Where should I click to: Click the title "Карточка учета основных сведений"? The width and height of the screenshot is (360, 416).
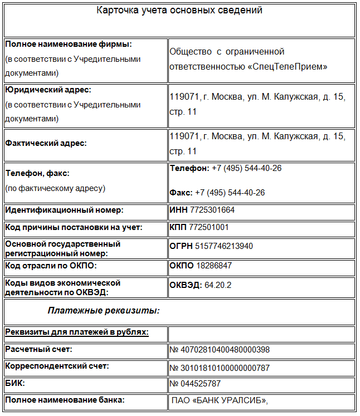[x=179, y=11]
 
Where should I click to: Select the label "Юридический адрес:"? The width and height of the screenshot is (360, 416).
[x=48, y=90]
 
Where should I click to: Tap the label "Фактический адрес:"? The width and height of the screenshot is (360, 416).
[x=46, y=143]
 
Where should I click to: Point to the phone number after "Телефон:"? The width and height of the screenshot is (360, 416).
[x=246, y=168]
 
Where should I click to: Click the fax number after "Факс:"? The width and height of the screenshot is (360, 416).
[x=230, y=193]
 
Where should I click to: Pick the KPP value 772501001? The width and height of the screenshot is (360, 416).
[x=209, y=227]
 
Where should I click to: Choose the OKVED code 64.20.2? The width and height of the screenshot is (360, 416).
[x=218, y=285]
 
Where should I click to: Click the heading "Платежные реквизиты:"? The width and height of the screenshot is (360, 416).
[x=104, y=310]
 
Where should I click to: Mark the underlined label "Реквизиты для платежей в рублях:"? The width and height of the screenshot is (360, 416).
[x=77, y=332]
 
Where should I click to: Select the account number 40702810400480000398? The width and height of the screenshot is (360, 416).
[x=223, y=350]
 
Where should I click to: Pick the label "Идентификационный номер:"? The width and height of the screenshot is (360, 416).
[x=64, y=210]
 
